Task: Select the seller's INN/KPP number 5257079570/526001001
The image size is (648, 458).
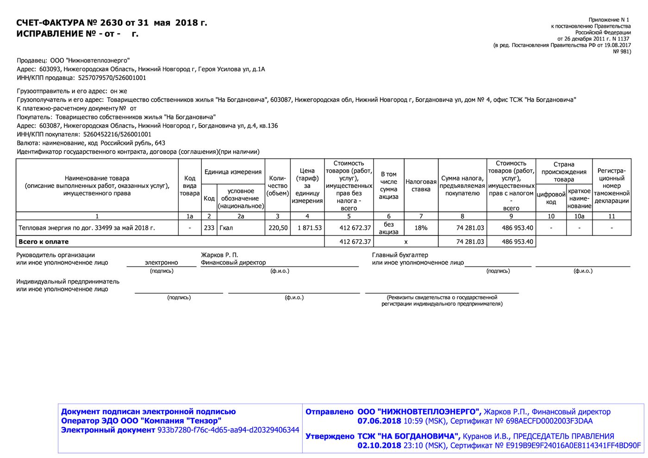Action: pyautogui.click(x=112, y=78)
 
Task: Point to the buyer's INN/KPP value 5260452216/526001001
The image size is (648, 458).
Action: pyautogui.click(x=117, y=134)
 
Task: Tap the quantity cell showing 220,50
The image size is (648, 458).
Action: pyautogui.click(x=278, y=228)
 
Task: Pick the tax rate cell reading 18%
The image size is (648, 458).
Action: pyautogui.click(x=421, y=228)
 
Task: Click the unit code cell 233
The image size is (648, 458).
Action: pyautogui.click(x=209, y=228)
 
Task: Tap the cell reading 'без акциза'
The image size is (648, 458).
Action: pyautogui.click(x=388, y=228)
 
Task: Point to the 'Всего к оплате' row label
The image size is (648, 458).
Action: pyautogui.click(x=44, y=241)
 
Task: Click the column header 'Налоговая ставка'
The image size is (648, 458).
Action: pyautogui.click(x=421, y=186)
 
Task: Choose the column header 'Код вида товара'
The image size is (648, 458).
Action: pyautogui.click(x=190, y=186)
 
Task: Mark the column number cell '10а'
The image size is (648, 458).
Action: pyautogui.click(x=579, y=216)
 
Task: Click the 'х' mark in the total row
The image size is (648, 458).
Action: pyautogui.click(x=406, y=241)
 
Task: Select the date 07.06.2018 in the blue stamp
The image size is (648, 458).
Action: pyautogui.click(x=379, y=421)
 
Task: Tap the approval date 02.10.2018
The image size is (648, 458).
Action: pyautogui.click(x=379, y=446)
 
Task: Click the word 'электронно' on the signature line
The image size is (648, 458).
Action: pyautogui.click(x=161, y=262)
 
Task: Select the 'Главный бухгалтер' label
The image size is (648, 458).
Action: pyautogui.click(x=400, y=255)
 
